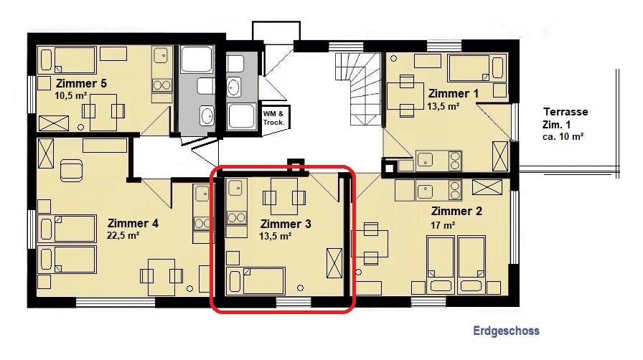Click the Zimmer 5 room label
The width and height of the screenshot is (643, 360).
coord(81,84)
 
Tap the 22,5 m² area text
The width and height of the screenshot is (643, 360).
coord(123,236)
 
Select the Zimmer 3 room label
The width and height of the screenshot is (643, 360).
coord(286,224)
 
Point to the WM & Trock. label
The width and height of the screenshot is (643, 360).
coord(273,118)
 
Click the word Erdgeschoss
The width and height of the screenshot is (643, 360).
coord(506,331)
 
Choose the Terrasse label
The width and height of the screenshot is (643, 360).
coord(565,112)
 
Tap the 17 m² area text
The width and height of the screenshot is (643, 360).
coord(443,225)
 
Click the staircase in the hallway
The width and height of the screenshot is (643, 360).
coord(358,89)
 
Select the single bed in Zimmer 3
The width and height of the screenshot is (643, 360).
coord(256,281)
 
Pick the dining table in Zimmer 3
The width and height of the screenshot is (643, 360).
coord(284,196)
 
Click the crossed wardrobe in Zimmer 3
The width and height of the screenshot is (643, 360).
coord(334,262)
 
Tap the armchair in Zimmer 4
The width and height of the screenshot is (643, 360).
coord(71,171)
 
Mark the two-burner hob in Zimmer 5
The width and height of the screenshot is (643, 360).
coord(162,85)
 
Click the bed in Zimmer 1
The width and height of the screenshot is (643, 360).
coord(475,67)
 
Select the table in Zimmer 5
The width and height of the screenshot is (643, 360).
coord(103,112)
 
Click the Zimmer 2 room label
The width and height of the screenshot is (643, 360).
coord(456,211)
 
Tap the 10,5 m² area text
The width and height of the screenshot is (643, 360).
coord(70,96)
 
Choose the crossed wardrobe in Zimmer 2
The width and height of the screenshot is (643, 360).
coord(487,187)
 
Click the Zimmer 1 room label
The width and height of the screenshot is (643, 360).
coord(454,93)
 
